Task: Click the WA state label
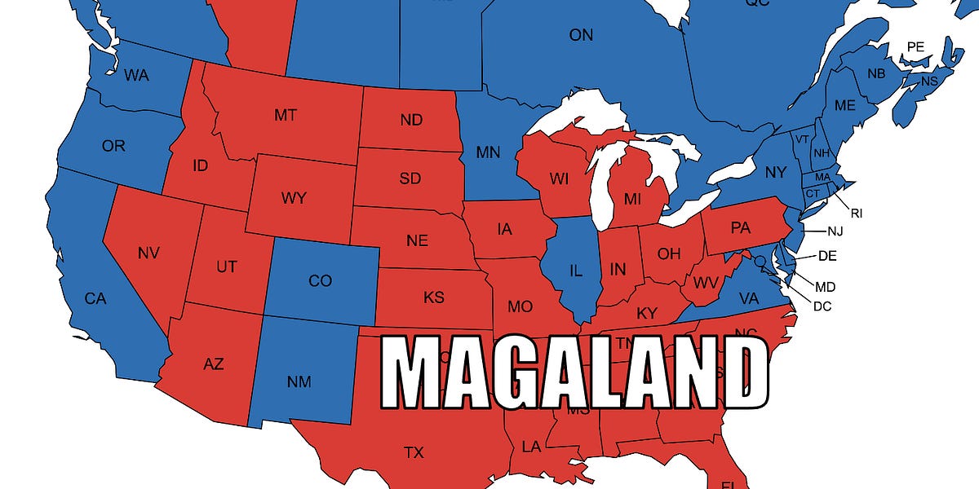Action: click(135, 76)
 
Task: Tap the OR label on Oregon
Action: click(113, 147)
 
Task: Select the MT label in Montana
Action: click(285, 115)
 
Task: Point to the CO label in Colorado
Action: click(320, 281)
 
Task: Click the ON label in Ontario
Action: click(581, 35)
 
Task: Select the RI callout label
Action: click(856, 214)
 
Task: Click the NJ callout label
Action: click(835, 231)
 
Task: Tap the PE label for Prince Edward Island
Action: click(915, 47)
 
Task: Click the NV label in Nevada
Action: click(148, 253)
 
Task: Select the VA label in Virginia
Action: click(748, 299)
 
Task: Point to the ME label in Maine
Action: click(844, 105)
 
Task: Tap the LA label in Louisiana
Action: click(531, 447)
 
